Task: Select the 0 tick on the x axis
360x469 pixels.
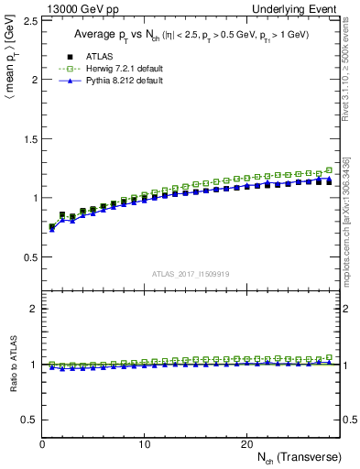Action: coord(43,443)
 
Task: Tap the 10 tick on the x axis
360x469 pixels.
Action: coord(145,443)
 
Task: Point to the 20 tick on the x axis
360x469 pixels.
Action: coord(246,443)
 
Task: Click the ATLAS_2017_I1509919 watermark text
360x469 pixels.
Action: coord(191,273)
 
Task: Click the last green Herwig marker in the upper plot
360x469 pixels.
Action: coord(329,169)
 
